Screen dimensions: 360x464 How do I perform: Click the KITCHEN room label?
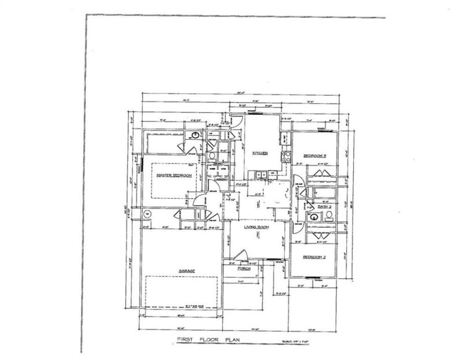coord(259,153)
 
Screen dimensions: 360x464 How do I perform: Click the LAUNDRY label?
coord(220,180)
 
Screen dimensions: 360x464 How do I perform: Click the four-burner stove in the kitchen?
coord(285,156)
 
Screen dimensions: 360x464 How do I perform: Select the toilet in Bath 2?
coord(329,217)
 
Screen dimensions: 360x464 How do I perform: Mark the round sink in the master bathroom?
coord(197,137)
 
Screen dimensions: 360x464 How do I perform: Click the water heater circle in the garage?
coord(147,214)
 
